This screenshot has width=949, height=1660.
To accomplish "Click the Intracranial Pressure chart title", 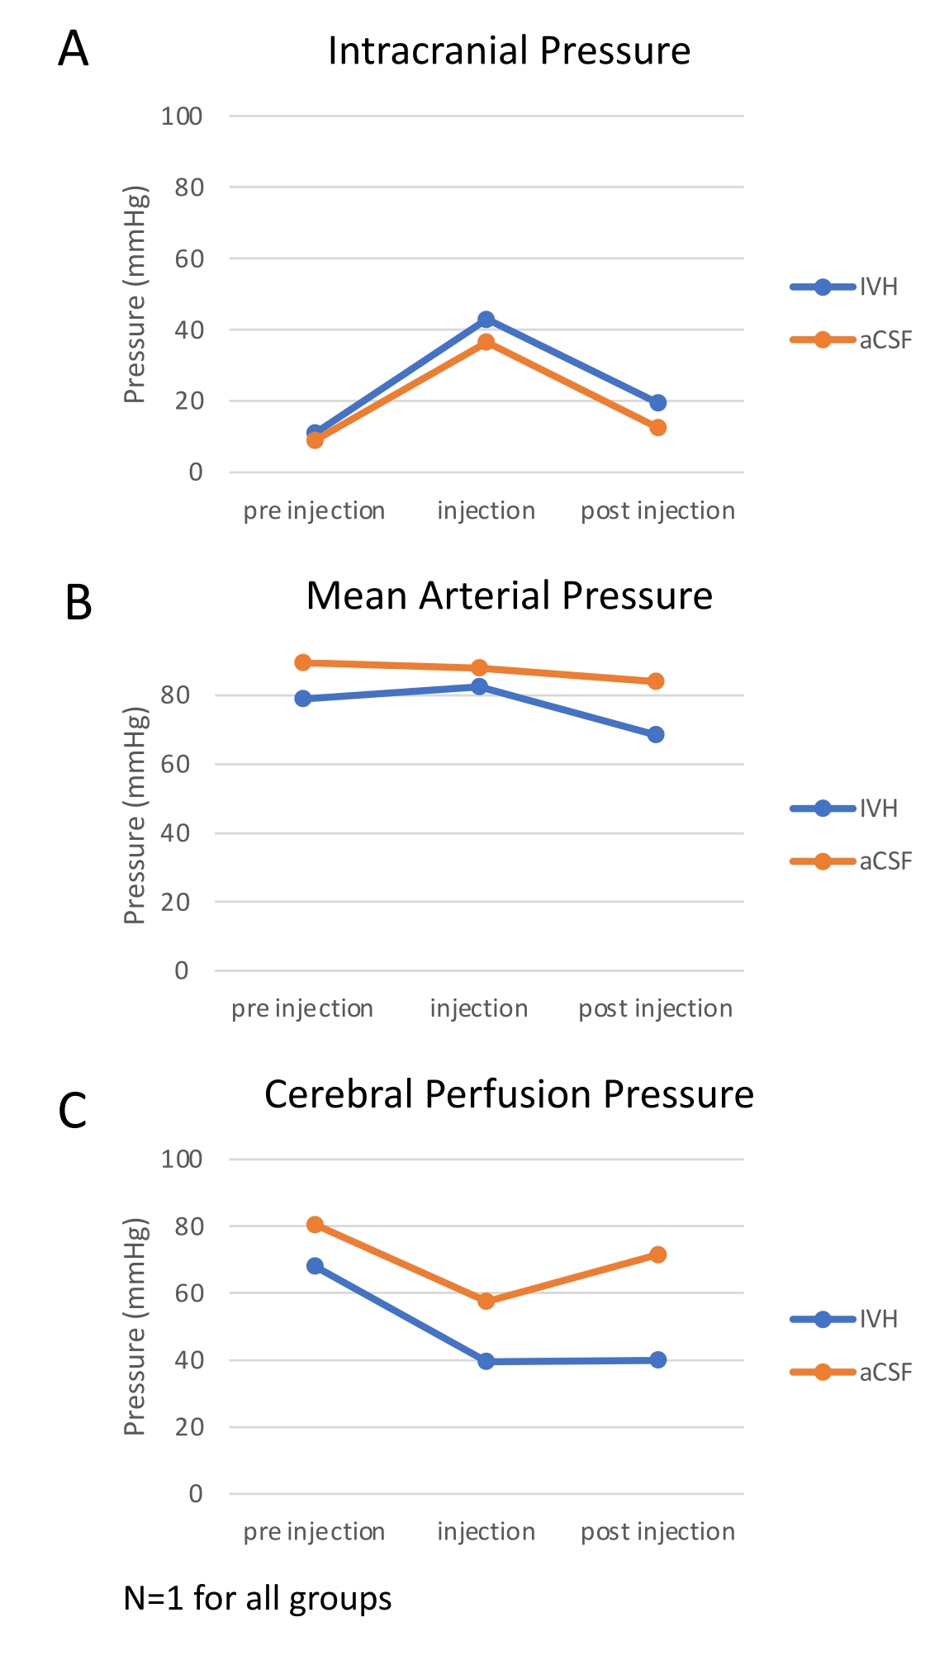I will pyautogui.click(x=509, y=51).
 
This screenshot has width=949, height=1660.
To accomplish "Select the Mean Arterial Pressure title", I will pyautogui.click(x=509, y=596).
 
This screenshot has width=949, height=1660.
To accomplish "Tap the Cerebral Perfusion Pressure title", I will pyautogui.click(x=509, y=1095).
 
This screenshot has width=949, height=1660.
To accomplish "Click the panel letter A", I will pyautogui.click(x=74, y=50).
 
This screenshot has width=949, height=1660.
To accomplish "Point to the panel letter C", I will pyautogui.click(x=73, y=1111).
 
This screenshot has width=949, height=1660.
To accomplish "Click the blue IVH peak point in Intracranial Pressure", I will pyautogui.click(x=486, y=320).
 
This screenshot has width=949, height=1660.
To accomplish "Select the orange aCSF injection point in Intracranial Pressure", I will pyautogui.click(x=486, y=342).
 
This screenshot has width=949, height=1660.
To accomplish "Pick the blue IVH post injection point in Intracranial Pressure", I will pyautogui.click(x=657, y=403).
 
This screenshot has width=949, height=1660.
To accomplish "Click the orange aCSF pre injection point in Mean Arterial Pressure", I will pyautogui.click(x=303, y=662).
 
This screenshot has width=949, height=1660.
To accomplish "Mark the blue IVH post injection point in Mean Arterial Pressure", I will pyautogui.click(x=656, y=735).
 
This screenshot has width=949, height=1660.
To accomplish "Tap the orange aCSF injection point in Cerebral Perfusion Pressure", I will pyautogui.click(x=486, y=1302).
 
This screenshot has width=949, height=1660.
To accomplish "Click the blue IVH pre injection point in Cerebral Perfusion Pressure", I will pyautogui.click(x=315, y=1266).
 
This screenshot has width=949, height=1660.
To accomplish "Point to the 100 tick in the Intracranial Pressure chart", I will pyautogui.click(x=182, y=116).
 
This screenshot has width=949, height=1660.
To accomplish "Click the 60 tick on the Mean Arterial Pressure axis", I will pyautogui.click(x=175, y=765).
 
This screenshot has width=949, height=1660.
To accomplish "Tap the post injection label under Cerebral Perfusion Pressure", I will pyautogui.click(x=657, y=1532).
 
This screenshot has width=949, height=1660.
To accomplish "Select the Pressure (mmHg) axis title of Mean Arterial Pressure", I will pyautogui.click(x=135, y=816).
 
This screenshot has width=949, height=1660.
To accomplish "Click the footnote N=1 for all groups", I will pyautogui.click(x=258, y=1599).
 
